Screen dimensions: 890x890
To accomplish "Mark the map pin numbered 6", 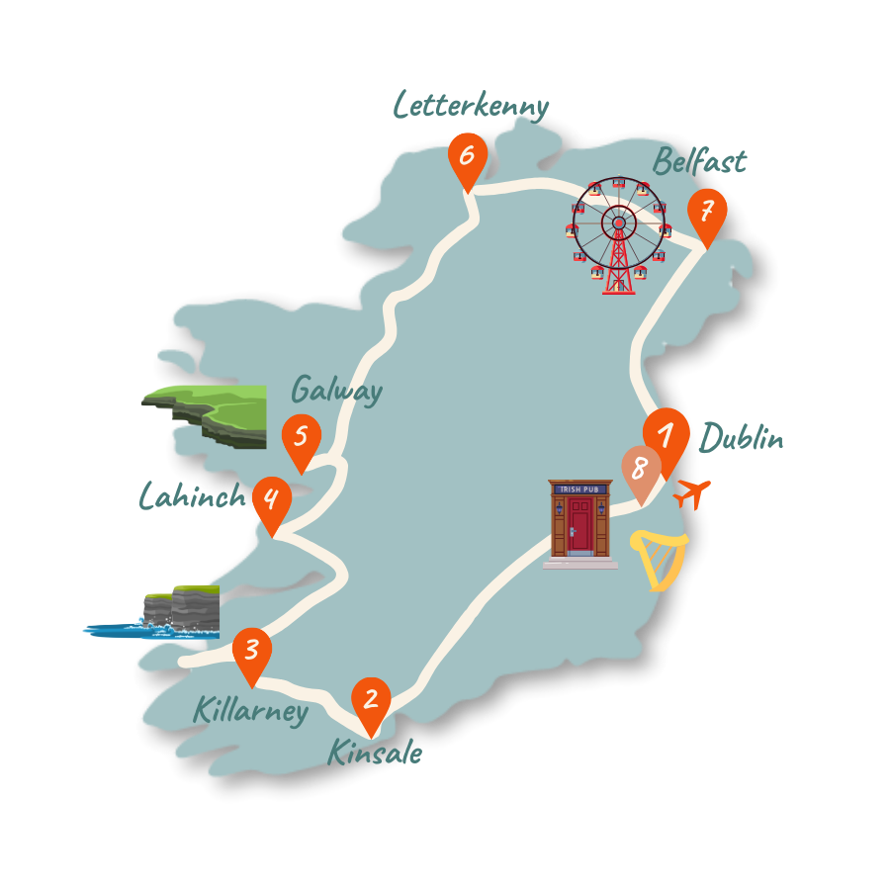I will click(x=468, y=156).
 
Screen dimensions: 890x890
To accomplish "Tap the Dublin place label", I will click(x=742, y=437).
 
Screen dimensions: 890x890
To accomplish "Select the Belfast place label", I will click(x=699, y=160).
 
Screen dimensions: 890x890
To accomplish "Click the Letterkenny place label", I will click(x=471, y=105).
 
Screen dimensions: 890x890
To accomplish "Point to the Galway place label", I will click(x=336, y=391).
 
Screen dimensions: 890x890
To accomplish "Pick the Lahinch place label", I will click(x=192, y=495).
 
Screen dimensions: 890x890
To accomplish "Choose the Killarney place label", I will click(x=250, y=710).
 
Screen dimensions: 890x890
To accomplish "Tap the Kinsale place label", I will click(x=375, y=754).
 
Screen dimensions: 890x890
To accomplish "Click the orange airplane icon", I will click(x=693, y=491).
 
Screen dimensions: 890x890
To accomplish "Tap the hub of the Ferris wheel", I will click(x=619, y=222).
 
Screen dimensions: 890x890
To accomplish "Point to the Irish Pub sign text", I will click(x=580, y=489).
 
